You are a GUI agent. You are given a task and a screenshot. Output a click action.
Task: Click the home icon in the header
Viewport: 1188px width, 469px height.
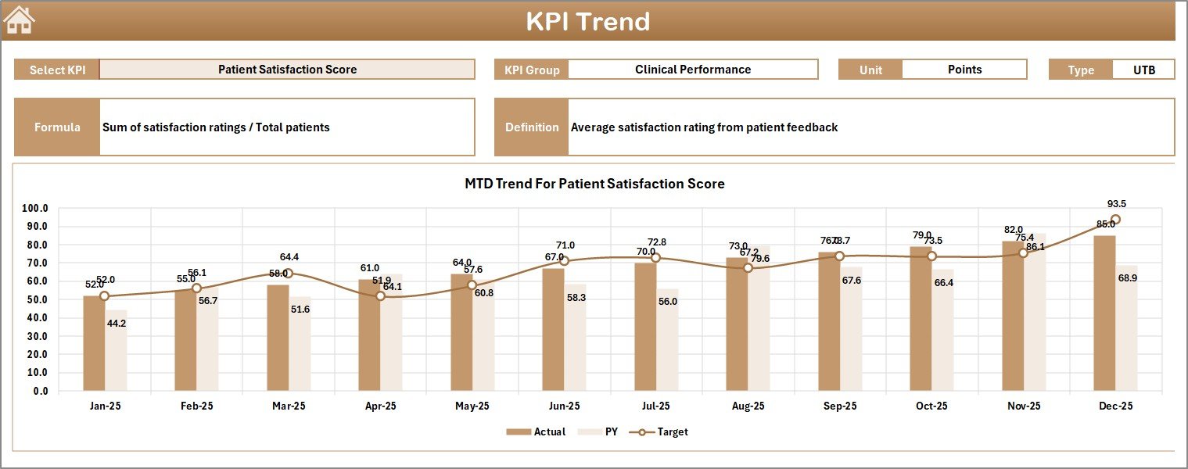(x=20, y=20)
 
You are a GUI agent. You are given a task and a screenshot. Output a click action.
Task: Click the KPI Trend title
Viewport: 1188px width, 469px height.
(x=587, y=21)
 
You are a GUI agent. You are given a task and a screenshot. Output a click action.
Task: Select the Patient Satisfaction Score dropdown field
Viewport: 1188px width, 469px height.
(x=287, y=70)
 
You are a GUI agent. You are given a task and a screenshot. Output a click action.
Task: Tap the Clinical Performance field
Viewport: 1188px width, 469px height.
(x=692, y=70)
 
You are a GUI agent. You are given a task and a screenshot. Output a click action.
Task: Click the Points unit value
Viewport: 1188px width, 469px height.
(x=964, y=70)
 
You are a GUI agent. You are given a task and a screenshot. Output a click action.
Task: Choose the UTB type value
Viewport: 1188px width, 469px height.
(x=1143, y=70)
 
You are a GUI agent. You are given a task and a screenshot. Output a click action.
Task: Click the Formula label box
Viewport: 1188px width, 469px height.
(x=57, y=127)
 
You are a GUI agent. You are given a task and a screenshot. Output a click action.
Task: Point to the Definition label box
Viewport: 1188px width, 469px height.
(x=531, y=127)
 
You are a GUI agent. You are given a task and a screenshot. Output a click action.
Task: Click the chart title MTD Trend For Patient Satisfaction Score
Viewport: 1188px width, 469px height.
(x=594, y=184)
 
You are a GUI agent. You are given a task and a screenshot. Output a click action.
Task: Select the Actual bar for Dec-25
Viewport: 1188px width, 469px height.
(x=1104, y=313)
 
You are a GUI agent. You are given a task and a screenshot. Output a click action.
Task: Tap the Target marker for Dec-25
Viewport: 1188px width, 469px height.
(x=1115, y=220)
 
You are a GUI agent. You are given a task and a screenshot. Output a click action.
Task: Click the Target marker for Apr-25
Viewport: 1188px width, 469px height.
(x=380, y=296)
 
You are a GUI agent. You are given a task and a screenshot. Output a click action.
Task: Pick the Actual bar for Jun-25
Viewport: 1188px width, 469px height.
(x=553, y=329)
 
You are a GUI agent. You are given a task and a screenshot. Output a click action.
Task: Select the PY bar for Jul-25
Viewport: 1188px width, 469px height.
(x=667, y=340)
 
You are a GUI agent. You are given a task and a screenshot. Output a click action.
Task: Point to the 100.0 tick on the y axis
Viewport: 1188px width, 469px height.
(x=35, y=209)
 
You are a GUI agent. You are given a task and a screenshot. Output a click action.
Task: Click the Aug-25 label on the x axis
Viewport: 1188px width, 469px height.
(x=748, y=406)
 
